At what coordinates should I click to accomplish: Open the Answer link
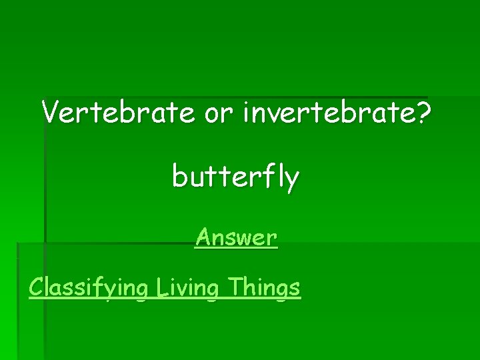click(x=237, y=237)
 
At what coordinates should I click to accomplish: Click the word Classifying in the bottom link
click(x=87, y=288)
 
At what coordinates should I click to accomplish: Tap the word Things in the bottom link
click(x=264, y=288)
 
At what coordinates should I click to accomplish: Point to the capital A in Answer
click(x=204, y=237)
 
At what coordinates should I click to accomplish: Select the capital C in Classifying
click(x=36, y=287)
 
